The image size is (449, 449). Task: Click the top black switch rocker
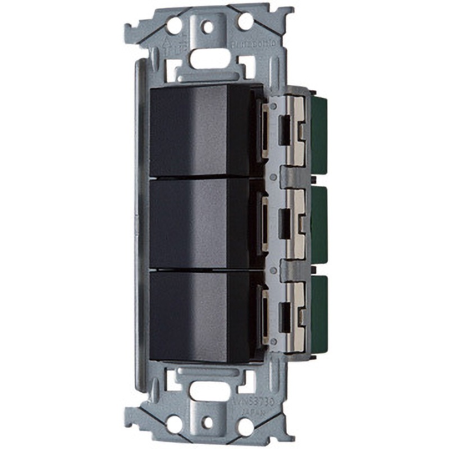(x=199, y=130)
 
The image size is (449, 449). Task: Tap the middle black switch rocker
(x=199, y=223)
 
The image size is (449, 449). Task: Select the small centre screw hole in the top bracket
(x=209, y=25)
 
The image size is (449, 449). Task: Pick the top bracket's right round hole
(x=245, y=22)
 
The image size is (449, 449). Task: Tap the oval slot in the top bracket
(x=208, y=58)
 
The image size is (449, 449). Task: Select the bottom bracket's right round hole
(x=245, y=426)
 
